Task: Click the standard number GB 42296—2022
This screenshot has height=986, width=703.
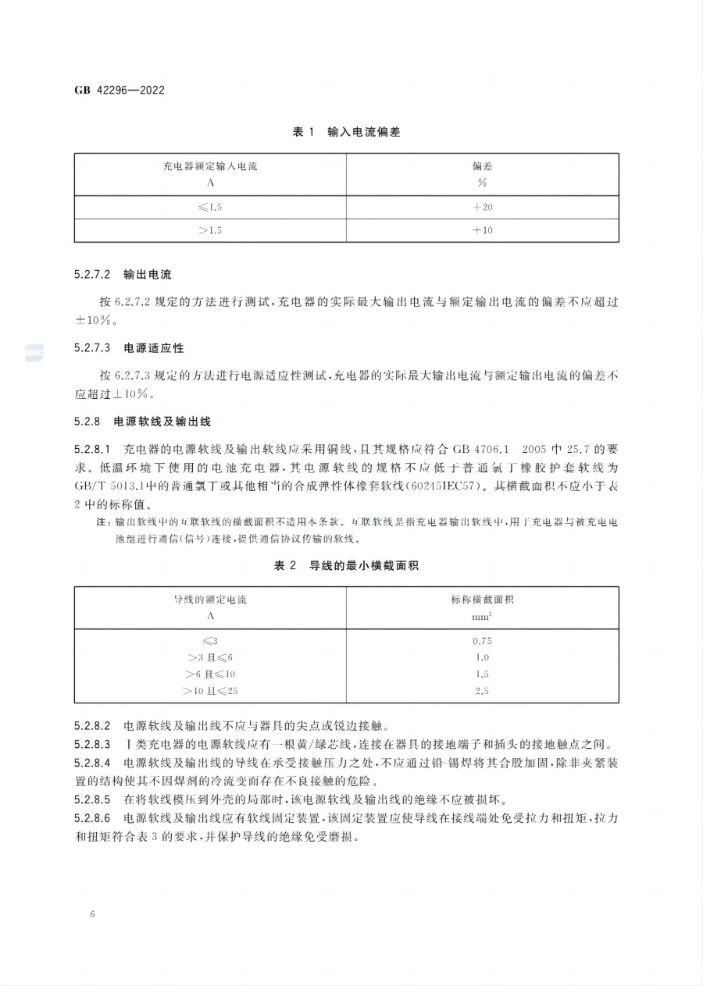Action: click(120, 90)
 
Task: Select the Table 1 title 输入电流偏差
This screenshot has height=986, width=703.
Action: click(346, 133)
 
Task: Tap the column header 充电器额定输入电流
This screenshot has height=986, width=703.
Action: click(210, 166)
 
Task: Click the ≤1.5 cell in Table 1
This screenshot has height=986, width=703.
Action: click(210, 208)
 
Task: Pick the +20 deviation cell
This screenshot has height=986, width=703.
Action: click(482, 208)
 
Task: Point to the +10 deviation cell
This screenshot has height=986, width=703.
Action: click(482, 230)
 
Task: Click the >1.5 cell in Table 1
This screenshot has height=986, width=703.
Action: click(210, 230)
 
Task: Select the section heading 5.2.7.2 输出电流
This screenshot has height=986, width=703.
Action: click(123, 275)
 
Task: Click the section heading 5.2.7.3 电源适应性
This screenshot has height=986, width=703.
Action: click(129, 347)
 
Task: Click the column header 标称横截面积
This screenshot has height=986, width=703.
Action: click(482, 600)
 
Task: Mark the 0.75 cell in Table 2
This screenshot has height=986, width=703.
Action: click(482, 641)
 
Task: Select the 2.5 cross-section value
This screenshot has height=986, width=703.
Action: click(482, 691)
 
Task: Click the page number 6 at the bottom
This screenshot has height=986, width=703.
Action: click(92, 913)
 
